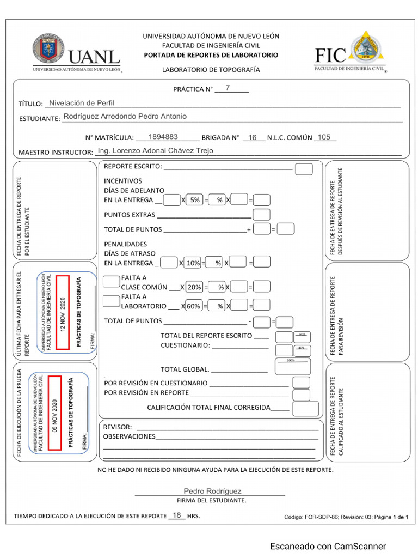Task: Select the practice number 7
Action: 228,88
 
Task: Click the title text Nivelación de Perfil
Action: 82,102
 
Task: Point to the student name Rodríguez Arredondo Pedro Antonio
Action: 125,116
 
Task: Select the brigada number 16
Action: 253,137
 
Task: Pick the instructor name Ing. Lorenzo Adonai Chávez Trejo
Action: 155,150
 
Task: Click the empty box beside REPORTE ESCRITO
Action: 304,169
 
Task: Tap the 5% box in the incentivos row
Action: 194,200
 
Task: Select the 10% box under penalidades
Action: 193,263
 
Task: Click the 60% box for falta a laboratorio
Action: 193,306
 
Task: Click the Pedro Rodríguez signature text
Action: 212,491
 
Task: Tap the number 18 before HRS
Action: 177,515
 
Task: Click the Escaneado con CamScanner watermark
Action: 328,546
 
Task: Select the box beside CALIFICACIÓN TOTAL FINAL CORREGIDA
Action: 302,408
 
